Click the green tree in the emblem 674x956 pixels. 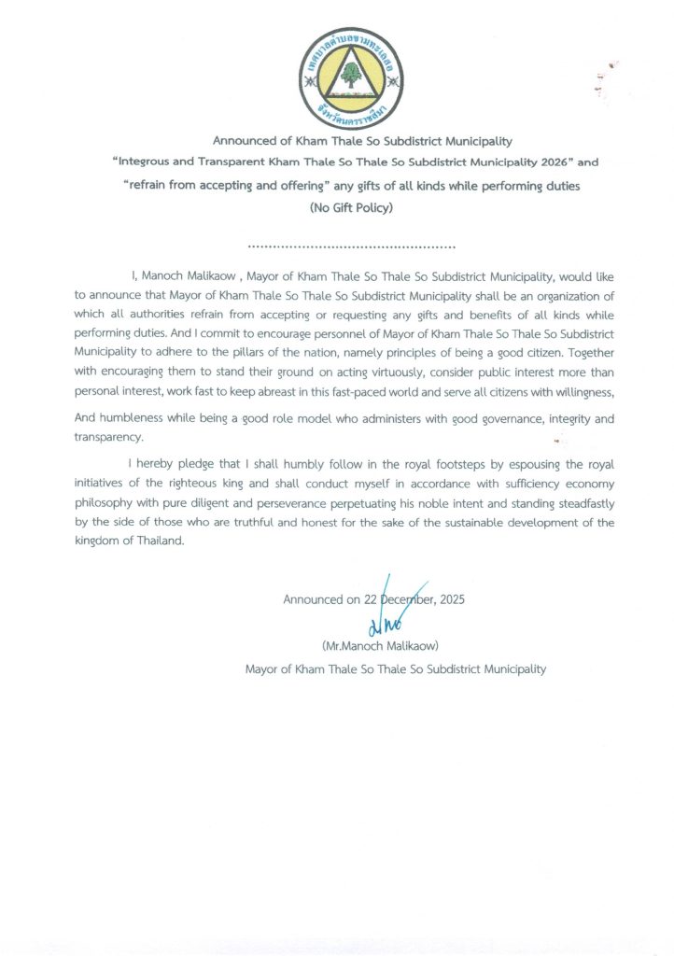pyautogui.click(x=351, y=74)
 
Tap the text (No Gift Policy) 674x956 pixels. pyautogui.click(x=350, y=208)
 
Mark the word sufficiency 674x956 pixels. pyautogui.click(x=516, y=484)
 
